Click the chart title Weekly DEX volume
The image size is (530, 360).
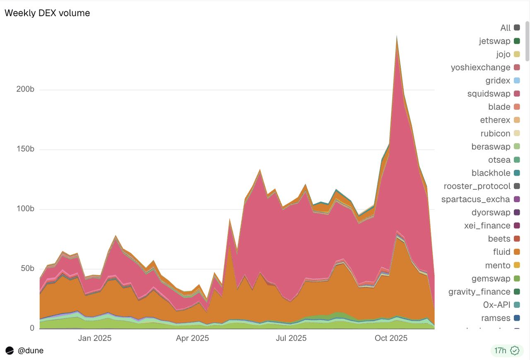[47, 13]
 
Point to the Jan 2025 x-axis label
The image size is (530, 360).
[95, 338]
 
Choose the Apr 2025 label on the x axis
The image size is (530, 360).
[193, 338]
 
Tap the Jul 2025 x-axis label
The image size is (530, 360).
[291, 338]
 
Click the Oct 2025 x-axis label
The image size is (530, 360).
[391, 338]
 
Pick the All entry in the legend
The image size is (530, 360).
[505, 28]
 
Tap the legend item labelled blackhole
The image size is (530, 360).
[491, 173]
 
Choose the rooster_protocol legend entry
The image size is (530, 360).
[477, 186]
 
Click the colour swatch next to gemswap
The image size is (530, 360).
[517, 278]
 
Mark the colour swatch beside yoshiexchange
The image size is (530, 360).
[517, 67]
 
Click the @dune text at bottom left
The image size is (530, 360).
[31, 350]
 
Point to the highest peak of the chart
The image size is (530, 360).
[397, 36]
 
